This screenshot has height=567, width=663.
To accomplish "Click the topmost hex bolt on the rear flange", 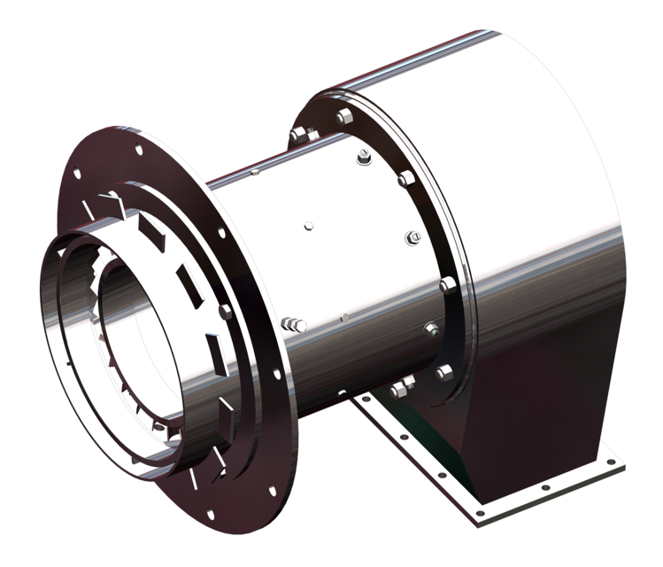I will coord(343,117).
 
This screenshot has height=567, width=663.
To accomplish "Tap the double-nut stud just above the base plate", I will coord(401,387).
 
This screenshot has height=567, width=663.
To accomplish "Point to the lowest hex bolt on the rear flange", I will coord(443,373).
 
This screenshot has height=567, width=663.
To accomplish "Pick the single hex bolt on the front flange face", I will coord(227,312).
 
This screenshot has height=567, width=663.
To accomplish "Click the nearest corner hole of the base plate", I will coord(480,513).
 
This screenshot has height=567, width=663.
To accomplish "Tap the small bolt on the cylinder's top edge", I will coord(253,173).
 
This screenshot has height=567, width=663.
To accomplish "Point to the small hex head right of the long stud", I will coord(343,316).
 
